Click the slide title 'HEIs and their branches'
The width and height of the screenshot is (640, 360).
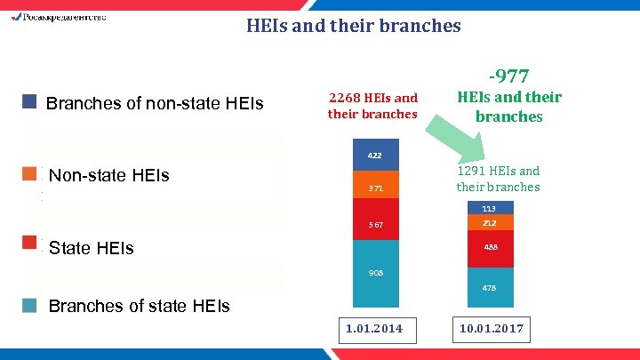(353, 26)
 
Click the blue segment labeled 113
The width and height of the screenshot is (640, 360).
(490, 208)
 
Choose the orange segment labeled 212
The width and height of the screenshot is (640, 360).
(490, 223)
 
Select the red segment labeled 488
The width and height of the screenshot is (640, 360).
(490, 249)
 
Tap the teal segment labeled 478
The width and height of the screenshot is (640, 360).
(490, 287)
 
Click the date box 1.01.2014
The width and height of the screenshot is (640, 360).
(373, 329)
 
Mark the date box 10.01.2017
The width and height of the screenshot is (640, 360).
(491, 329)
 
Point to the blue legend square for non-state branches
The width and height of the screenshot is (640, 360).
(29, 102)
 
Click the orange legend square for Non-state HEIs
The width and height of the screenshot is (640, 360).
(29, 172)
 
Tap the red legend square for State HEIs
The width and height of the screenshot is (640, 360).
(29, 243)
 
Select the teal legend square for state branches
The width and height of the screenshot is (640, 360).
(29, 305)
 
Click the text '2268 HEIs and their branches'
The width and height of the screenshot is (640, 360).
(372, 106)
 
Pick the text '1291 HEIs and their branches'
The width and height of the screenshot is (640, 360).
(498, 179)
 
